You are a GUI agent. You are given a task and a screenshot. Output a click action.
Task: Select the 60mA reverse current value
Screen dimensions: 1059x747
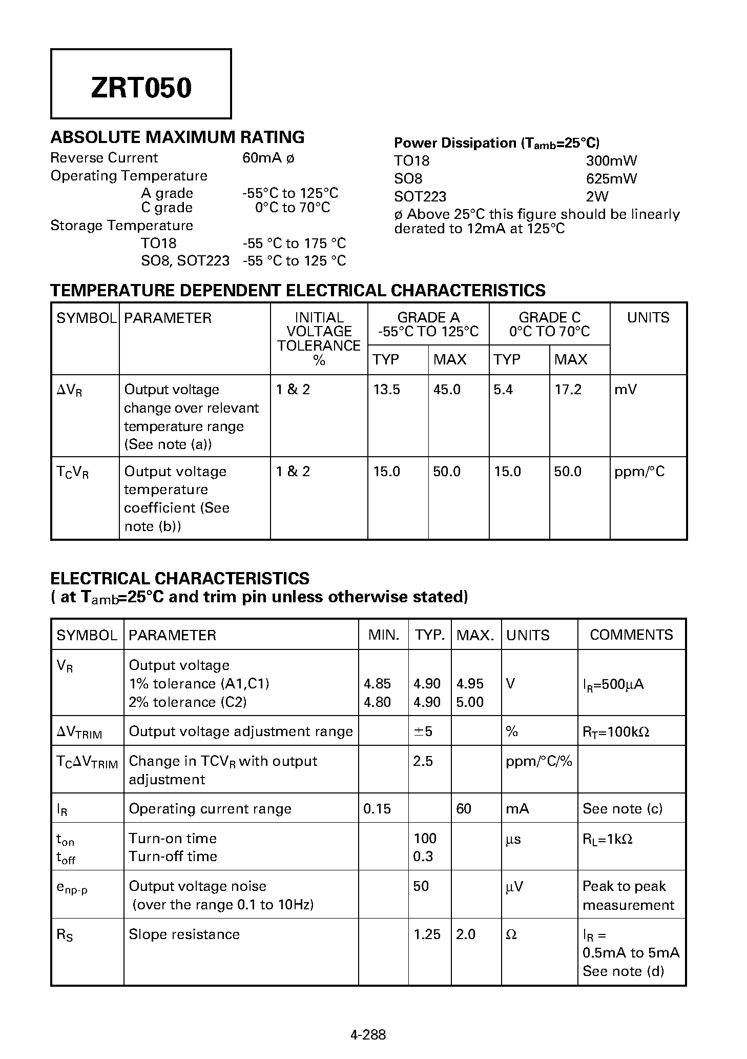[x=262, y=158]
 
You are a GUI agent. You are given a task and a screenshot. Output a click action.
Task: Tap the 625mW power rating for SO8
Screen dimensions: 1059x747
[x=611, y=179]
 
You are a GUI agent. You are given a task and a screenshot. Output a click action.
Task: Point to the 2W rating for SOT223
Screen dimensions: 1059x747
[x=597, y=197]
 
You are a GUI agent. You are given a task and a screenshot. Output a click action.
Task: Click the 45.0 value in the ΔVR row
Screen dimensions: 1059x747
[x=447, y=390]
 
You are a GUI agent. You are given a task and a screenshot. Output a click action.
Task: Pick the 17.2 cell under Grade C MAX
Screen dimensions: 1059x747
[x=568, y=390]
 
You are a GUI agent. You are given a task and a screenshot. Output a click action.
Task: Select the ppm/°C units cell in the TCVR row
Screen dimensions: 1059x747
[x=639, y=472]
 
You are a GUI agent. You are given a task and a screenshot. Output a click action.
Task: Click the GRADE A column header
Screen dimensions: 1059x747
[x=428, y=324]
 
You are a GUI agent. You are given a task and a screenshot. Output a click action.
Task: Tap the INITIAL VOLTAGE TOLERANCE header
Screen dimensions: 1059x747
[x=319, y=338]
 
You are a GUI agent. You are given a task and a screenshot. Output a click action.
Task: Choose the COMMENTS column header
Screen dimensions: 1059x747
[x=631, y=635]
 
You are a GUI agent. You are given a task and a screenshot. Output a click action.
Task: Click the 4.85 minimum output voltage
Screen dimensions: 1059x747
[x=377, y=684]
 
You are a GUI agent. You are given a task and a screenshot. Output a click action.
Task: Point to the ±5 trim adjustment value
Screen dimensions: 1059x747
[x=423, y=731]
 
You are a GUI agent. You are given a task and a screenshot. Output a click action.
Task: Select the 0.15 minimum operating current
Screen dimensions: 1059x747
[x=377, y=809]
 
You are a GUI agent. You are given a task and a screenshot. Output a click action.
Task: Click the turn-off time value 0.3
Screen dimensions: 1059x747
[x=423, y=857]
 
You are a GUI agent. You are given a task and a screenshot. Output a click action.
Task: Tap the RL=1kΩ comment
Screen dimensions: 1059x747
[x=607, y=839]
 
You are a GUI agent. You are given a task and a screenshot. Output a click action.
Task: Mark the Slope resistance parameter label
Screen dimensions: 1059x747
[x=184, y=934]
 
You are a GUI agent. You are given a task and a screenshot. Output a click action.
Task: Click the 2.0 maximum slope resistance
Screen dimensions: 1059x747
[x=466, y=934]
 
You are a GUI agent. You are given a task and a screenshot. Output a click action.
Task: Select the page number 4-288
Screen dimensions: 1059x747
[x=368, y=1034]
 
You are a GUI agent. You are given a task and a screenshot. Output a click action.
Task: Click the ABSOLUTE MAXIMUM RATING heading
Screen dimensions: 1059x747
[x=177, y=137]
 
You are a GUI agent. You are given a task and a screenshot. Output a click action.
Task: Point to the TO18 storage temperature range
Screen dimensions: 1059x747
[x=294, y=243]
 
